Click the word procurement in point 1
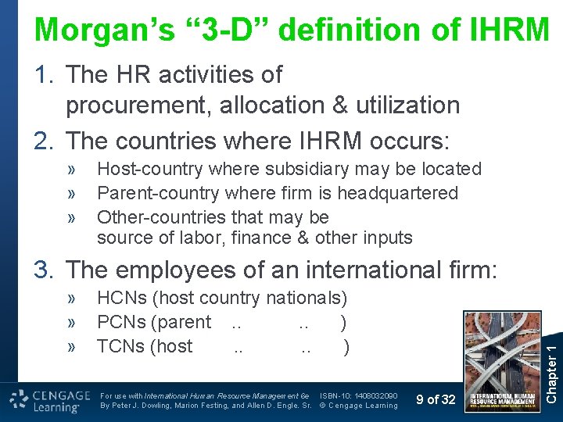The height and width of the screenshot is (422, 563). coord(138,105)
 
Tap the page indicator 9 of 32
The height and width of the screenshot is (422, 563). coord(436,400)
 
